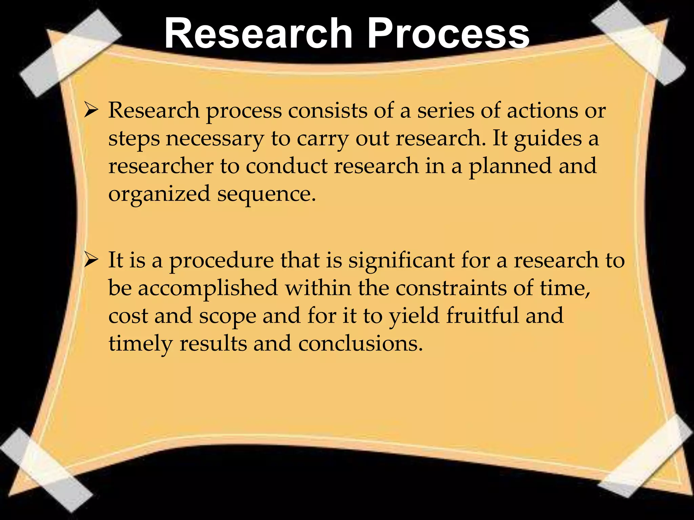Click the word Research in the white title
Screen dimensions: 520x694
[258, 34]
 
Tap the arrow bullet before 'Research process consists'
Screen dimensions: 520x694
[91, 111]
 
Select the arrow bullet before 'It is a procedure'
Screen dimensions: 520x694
[91, 260]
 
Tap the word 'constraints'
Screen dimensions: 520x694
[451, 288]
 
